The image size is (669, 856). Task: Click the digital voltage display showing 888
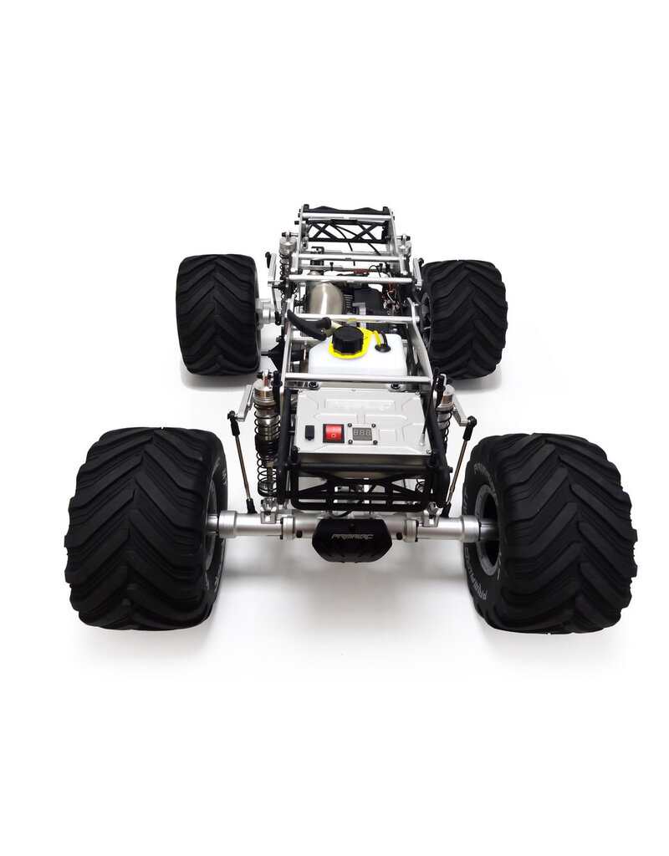click(361, 434)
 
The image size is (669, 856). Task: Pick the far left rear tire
click(217, 313)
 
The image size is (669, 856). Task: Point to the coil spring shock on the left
click(265, 435)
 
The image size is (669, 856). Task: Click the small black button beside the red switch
click(310, 433)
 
